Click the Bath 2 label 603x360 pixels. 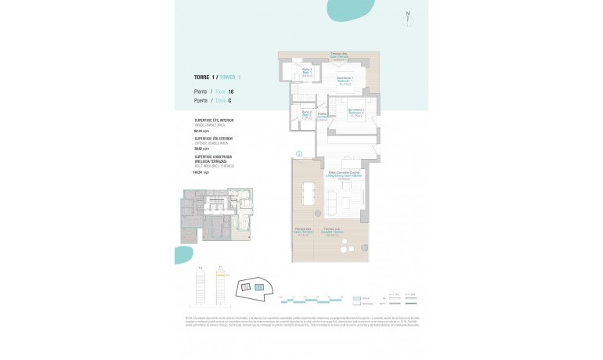pos(306,117)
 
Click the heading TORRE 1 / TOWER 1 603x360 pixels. pos(217,77)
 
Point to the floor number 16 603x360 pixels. pos(231,92)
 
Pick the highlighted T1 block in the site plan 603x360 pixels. pos(258,288)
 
